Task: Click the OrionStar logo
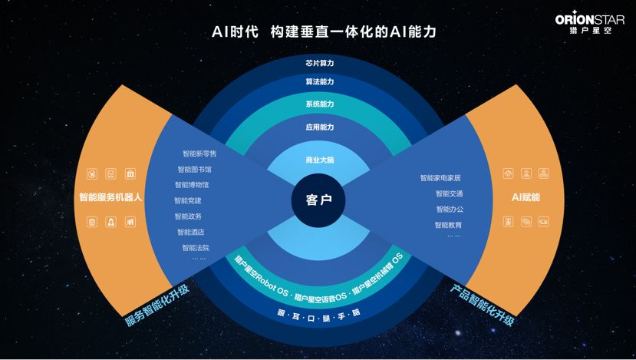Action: pos(591,23)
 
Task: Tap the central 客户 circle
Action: pos(318,200)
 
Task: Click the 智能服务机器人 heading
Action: pos(111,197)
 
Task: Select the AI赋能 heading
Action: pos(526,197)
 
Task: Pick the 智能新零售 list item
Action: pos(199,154)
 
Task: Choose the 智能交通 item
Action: pos(449,193)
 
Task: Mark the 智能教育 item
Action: pos(448,225)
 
